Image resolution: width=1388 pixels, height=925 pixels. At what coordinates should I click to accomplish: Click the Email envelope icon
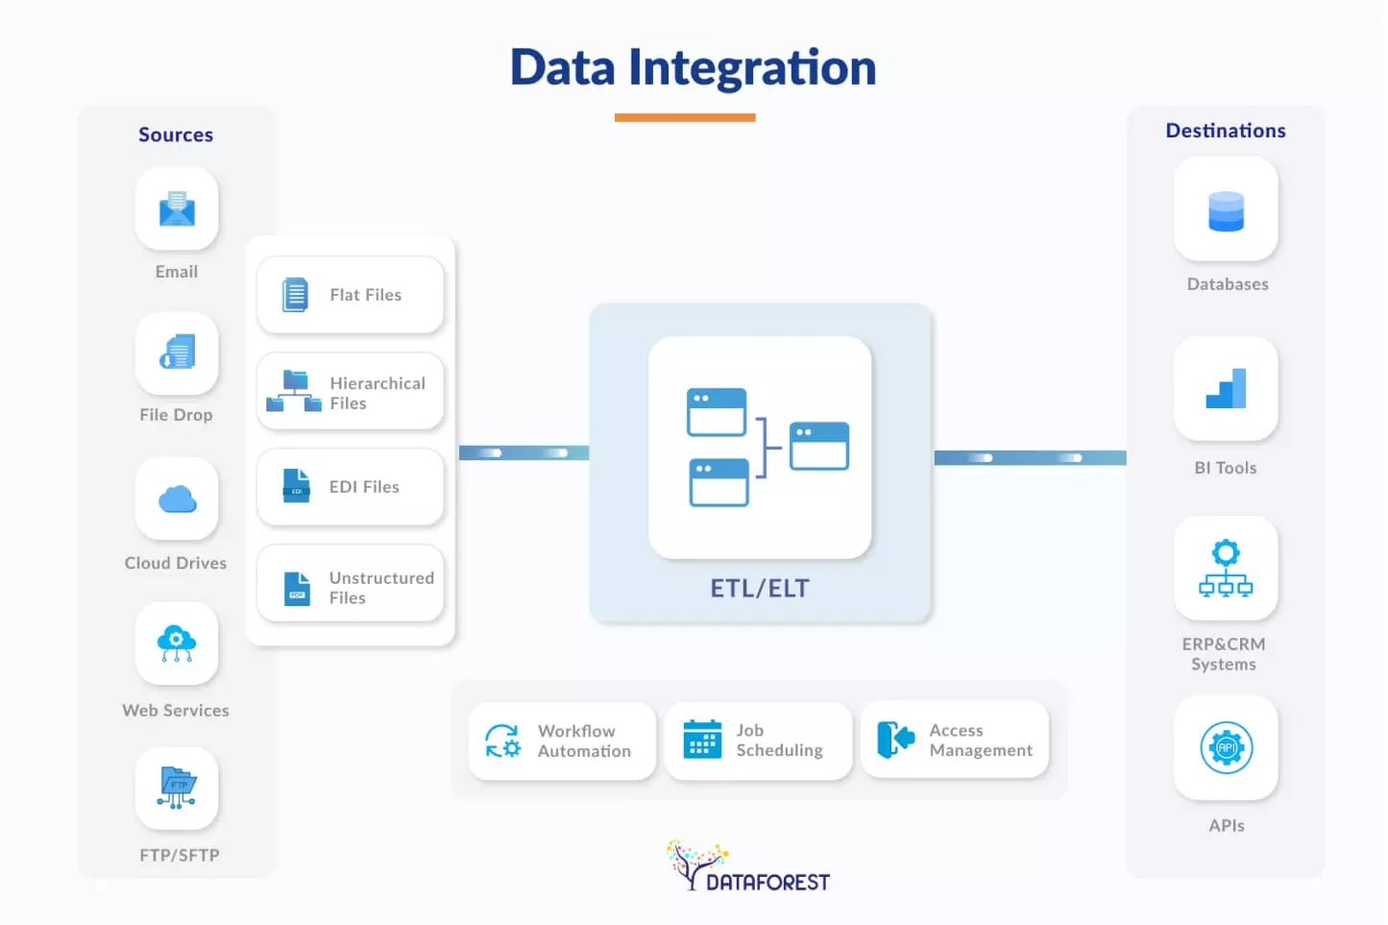(177, 208)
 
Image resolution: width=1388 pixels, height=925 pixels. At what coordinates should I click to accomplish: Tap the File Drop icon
(177, 353)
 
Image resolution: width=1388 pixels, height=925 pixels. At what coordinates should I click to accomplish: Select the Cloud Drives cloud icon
(177, 499)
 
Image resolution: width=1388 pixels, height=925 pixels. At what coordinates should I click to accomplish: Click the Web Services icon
(177, 643)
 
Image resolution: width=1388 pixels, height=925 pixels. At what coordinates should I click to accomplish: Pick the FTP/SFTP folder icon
(177, 788)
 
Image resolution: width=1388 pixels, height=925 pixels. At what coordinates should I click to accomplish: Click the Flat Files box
(350, 295)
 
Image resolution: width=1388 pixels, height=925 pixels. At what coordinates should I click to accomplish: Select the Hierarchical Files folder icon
(294, 391)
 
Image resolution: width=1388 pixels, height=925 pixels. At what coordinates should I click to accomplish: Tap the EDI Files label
(364, 487)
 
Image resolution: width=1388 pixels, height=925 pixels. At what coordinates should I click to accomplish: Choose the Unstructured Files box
(350, 584)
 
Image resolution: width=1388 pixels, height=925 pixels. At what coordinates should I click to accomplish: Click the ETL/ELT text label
(760, 589)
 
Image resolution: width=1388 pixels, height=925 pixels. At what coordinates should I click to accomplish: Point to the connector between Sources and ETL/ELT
(524, 452)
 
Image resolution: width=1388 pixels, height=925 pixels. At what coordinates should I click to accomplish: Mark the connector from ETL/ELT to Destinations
(1029, 458)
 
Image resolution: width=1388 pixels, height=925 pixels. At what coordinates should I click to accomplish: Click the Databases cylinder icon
(1226, 210)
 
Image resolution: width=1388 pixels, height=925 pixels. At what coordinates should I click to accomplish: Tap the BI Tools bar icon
(1226, 389)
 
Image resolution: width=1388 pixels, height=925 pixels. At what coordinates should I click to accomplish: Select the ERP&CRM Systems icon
(1226, 569)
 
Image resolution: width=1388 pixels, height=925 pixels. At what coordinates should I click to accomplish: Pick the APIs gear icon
(1227, 747)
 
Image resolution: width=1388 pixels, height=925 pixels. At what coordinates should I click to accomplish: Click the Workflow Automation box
(562, 741)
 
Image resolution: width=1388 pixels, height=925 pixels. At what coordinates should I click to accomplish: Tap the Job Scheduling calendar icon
(702, 740)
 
